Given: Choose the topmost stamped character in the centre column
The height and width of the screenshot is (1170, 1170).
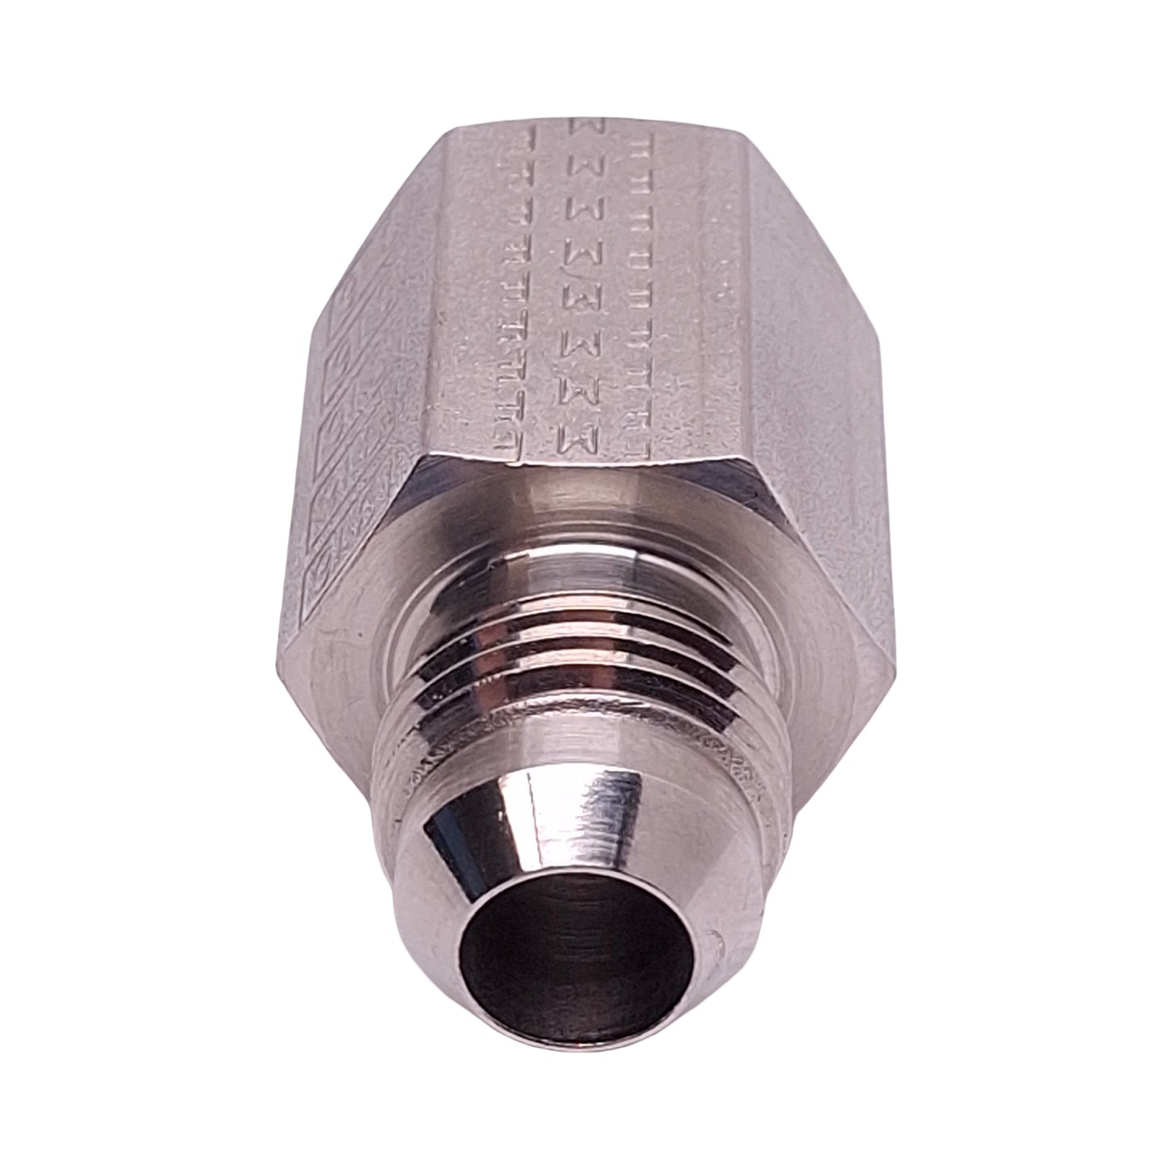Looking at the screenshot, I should point(585,126).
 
